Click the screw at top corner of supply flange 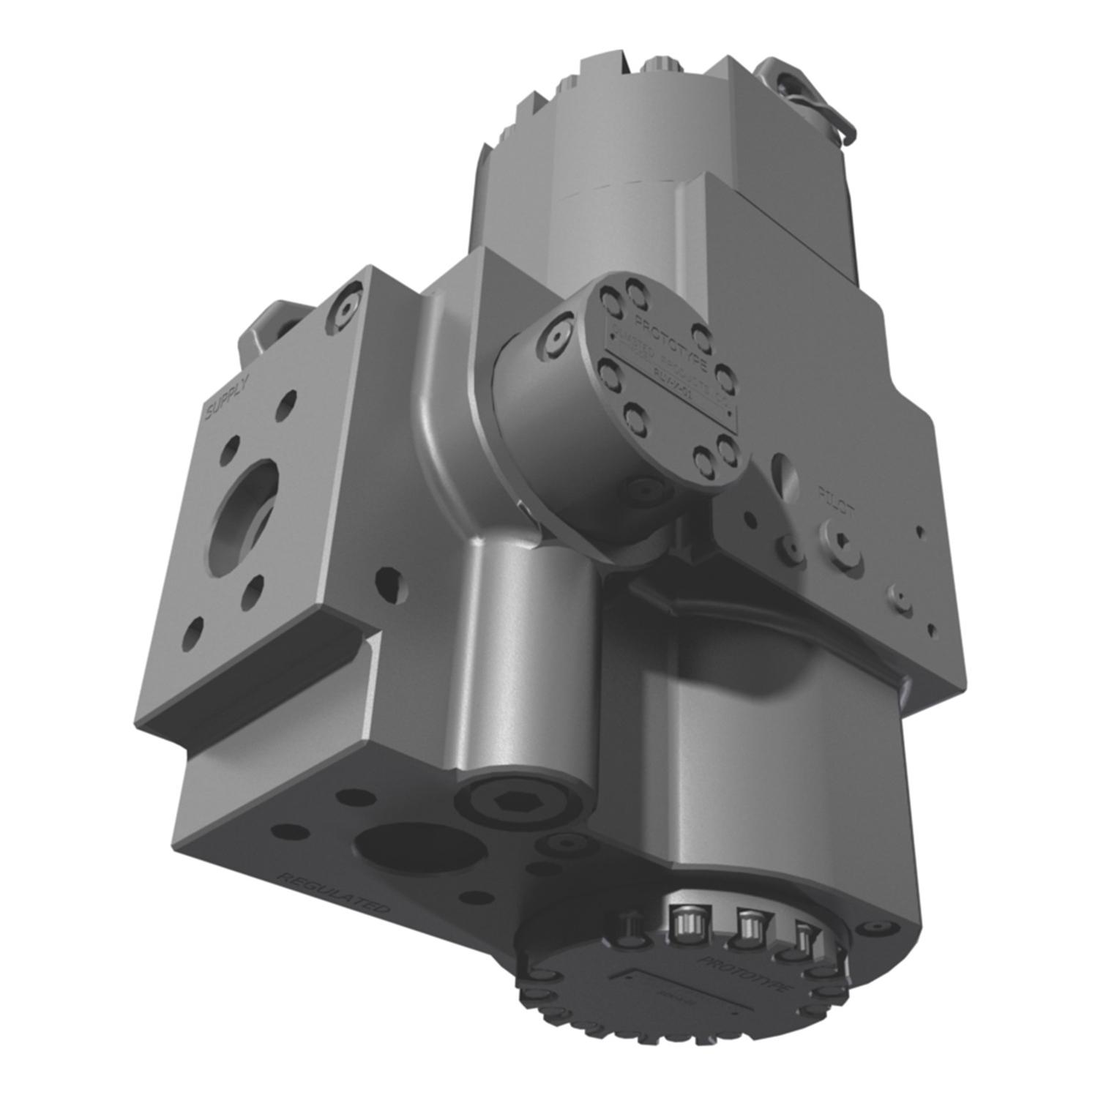tap(343, 307)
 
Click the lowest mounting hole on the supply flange tap(192, 634)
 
